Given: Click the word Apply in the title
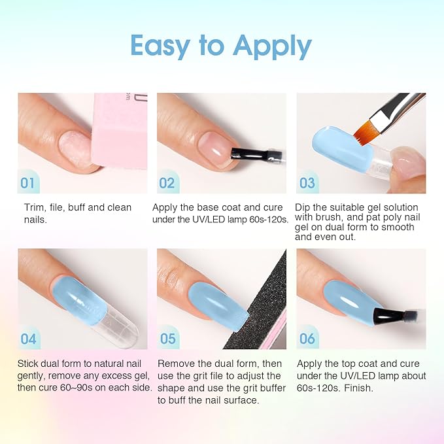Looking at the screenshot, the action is (x=272, y=46).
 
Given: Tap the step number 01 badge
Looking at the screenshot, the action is (x=27, y=183).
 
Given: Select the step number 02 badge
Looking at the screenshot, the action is (x=167, y=183).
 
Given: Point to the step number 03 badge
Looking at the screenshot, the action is (x=307, y=183).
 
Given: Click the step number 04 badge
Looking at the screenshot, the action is (x=28, y=339).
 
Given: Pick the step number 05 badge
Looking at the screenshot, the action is (x=167, y=339).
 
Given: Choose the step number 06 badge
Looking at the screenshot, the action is (x=307, y=339).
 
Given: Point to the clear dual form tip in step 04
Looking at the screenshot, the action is (x=119, y=326).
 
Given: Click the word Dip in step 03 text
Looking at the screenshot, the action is (x=302, y=207).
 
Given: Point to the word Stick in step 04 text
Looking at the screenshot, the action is (x=27, y=364).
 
